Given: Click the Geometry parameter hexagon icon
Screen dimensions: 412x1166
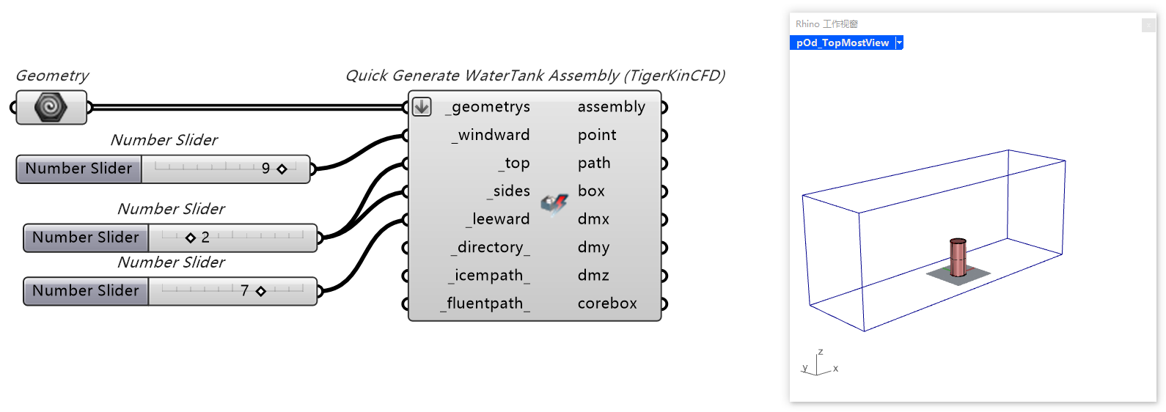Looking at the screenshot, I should pos(51,108).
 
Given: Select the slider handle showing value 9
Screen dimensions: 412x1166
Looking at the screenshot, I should pos(282,169).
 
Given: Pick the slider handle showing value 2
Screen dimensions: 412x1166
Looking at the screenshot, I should pos(191,238).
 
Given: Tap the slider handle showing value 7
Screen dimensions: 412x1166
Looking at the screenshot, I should pos(260,291).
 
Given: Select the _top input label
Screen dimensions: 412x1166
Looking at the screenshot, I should pos(516,163).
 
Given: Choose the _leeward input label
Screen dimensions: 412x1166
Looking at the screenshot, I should pos(499,219).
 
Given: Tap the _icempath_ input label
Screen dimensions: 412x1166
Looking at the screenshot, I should pos(489,276).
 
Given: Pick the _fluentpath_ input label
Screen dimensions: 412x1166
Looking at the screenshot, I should pos(485,304).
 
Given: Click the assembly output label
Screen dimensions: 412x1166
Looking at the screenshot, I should pos(611,107).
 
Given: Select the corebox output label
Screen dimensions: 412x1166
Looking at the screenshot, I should pos(606,304).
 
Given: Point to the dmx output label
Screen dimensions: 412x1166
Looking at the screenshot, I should pos(593,219).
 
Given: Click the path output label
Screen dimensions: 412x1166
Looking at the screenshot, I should pos(593,163).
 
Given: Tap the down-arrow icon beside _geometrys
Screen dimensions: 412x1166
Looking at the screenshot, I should pos(422,107).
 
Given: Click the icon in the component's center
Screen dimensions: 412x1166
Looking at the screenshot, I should pos(554,205).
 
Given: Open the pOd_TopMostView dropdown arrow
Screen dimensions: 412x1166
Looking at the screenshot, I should pos(899,43).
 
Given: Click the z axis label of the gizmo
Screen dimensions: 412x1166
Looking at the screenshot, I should pos(821,352).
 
